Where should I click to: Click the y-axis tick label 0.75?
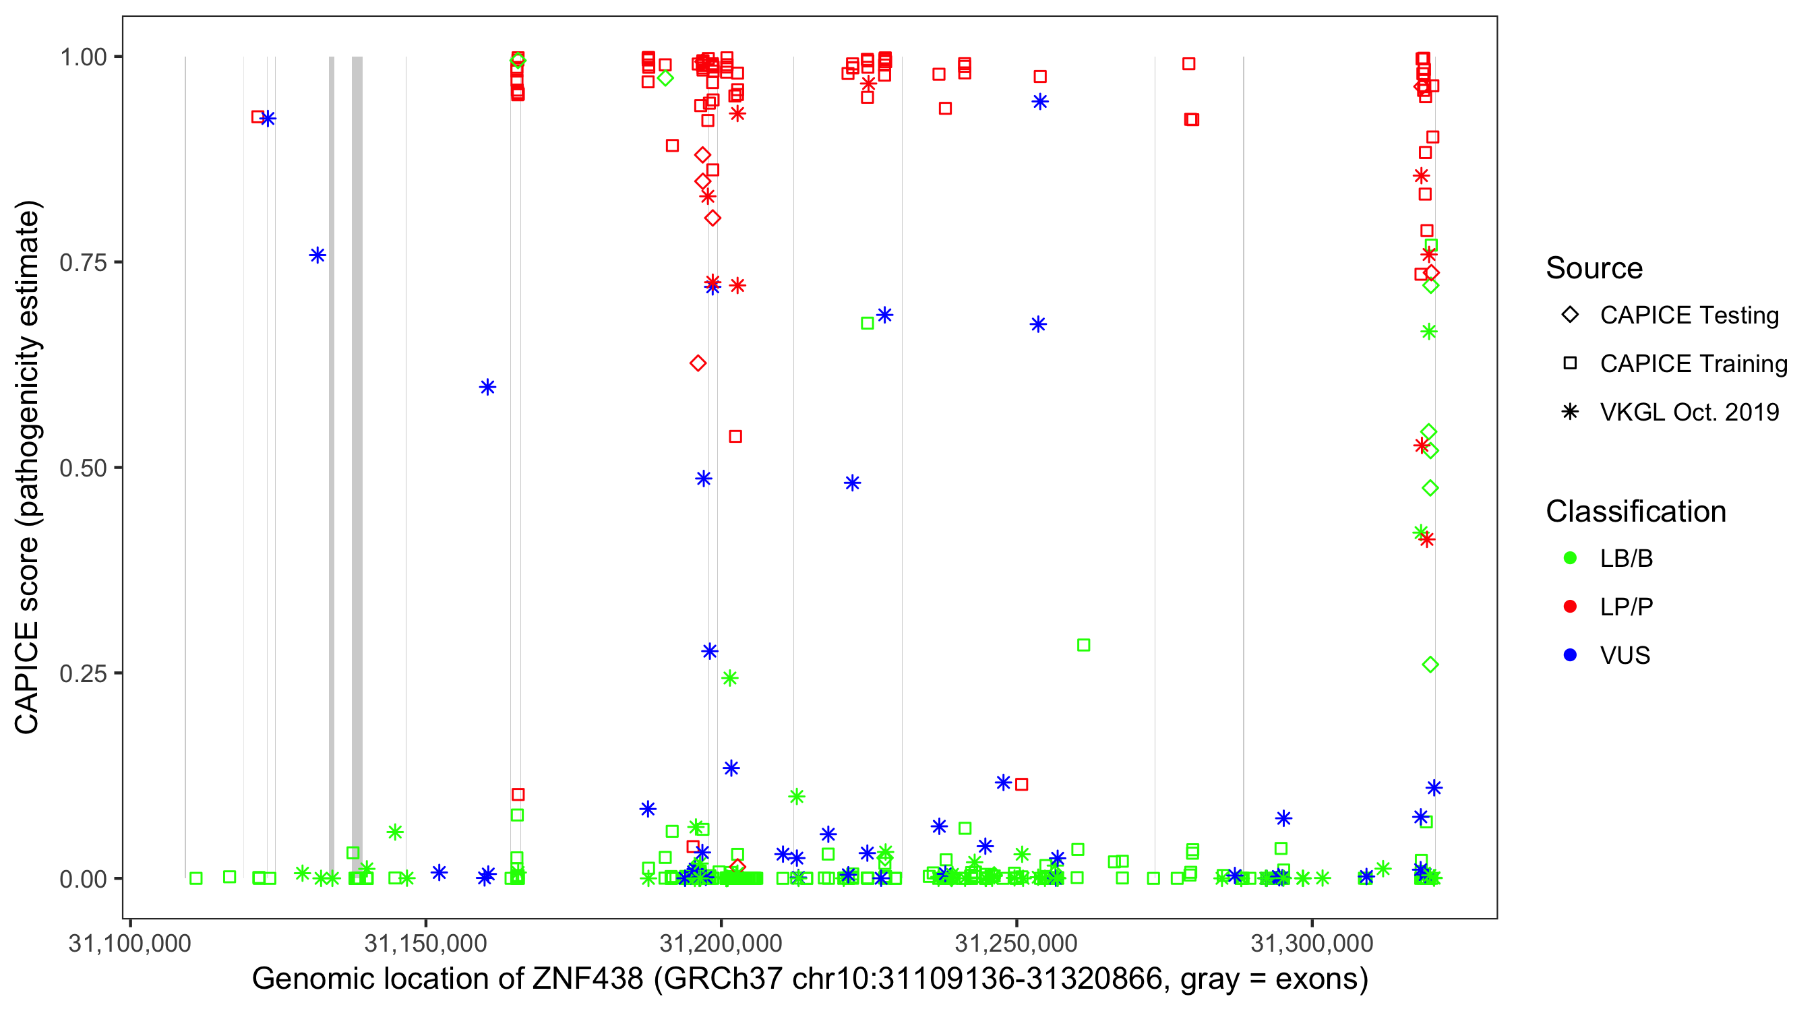[x=83, y=263]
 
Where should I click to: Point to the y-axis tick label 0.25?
[x=83, y=673]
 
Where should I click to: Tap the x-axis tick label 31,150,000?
[x=425, y=943]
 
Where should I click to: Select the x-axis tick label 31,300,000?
[x=1312, y=943]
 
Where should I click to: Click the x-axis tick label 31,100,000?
[x=130, y=943]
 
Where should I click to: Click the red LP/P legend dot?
[x=1570, y=607]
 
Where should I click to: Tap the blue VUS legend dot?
[x=1570, y=655]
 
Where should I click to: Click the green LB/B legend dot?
[x=1570, y=558]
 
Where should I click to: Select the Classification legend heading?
[x=1635, y=512]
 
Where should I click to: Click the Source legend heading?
[x=1594, y=268]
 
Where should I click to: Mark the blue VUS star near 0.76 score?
[x=317, y=255]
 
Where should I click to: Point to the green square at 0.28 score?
[x=1083, y=645]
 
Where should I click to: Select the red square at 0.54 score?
[x=735, y=437]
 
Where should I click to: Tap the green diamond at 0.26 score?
[x=1430, y=664]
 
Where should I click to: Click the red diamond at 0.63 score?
[x=698, y=363]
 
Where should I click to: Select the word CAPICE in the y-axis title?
[x=27, y=678]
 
